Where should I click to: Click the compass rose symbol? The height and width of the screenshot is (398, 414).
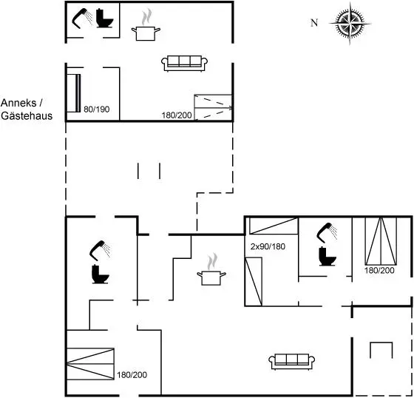pos(350,24)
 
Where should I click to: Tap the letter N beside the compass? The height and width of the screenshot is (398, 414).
pos(314,23)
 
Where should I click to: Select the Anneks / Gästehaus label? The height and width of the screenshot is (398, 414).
pos(27,109)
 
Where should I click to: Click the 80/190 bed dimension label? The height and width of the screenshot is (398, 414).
pos(96,109)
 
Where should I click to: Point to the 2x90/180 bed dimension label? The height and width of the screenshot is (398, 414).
pos(268,246)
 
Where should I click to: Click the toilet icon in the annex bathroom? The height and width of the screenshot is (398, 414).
pos(104,18)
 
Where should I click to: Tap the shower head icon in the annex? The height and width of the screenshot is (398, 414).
pos(82,18)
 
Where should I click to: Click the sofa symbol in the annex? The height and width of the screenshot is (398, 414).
pos(184,64)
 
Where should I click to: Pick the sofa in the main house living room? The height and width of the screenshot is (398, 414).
pos(292,362)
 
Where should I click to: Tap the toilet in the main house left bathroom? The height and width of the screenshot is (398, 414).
pos(101,274)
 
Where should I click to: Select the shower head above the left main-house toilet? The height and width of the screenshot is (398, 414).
pos(100,250)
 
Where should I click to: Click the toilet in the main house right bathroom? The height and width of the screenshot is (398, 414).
pos(328,256)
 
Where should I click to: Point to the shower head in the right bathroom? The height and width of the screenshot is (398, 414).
pos(327,233)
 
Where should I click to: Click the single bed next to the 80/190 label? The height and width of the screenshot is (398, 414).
pos(73,93)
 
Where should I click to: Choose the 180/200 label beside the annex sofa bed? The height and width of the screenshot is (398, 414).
pos(177,115)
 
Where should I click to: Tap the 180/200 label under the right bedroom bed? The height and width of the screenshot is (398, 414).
pos(379,270)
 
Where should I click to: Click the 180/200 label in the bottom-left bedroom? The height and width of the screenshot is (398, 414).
pos(132,375)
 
